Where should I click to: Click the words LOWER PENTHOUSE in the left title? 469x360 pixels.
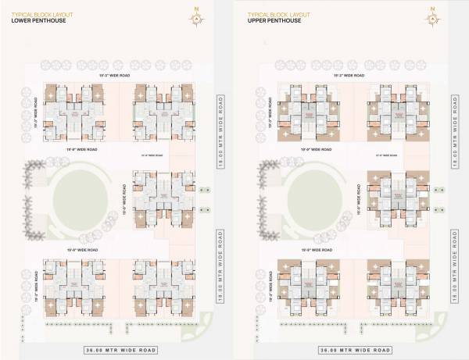coord(38,20)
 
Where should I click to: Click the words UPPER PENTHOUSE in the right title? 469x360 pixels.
coord(273,20)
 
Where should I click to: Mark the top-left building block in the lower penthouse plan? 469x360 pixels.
coord(74,110)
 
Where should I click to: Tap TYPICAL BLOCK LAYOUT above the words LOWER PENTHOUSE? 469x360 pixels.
coord(37,13)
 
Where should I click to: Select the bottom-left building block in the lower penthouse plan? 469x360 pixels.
coord(74,287)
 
